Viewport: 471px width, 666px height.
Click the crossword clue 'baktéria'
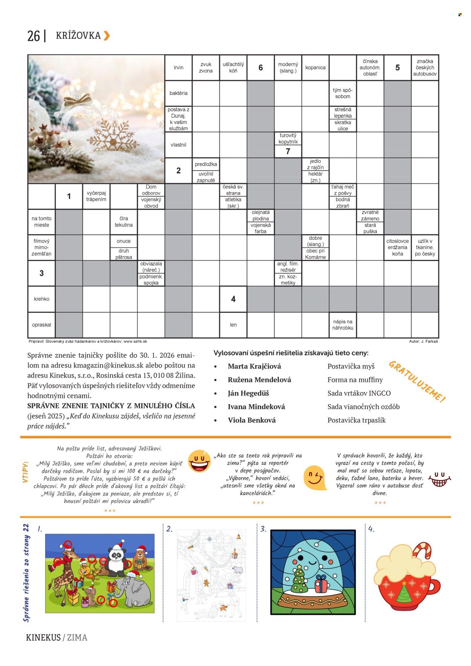point(178,93)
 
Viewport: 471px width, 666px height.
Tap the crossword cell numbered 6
point(260,68)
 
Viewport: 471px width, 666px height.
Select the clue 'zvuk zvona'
point(206,67)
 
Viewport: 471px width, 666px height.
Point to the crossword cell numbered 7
point(288,151)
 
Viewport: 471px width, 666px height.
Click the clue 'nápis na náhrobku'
point(343,325)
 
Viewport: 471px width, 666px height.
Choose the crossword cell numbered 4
point(233,299)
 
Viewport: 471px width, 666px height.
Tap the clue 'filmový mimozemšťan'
point(41,247)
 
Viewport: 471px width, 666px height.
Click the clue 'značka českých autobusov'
point(425,67)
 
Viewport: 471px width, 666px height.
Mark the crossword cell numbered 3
point(41,273)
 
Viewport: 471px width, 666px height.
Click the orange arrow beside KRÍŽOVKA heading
point(107,35)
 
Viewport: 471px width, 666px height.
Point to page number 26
point(34,36)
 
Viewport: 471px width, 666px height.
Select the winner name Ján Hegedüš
point(248,393)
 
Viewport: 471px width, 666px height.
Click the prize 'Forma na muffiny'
point(355,380)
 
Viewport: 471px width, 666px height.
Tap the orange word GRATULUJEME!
point(417,382)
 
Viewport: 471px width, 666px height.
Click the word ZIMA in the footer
point(77,637)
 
